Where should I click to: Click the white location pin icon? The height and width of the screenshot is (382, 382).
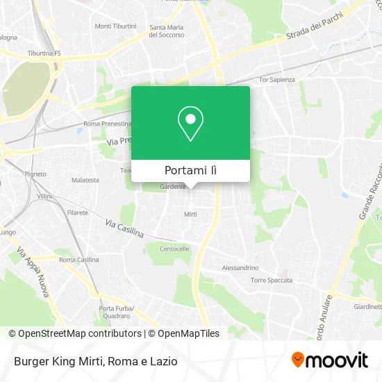coord(190,123)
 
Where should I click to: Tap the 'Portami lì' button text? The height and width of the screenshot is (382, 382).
coord(190,170)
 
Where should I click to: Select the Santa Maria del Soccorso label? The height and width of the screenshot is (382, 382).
coord(167,31)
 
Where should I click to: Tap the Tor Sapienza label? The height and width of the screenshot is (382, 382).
coord(276,80)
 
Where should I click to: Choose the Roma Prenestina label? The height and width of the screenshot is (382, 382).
coord(107,124)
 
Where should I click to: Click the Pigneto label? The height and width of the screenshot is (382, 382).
coord(35,174)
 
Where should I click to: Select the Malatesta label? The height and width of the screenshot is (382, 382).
coord(85,180)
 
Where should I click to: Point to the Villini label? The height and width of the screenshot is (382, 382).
coord(44,197)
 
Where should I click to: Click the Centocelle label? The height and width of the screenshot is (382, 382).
coord(174,249)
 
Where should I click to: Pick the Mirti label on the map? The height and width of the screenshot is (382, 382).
coord(190,215)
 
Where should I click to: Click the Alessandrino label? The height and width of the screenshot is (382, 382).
coord(240,267)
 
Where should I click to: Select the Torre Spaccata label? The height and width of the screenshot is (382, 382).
coord(272,281)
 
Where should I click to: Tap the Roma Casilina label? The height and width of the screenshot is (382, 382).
coord(78,260)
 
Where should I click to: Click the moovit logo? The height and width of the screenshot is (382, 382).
coord(329,360)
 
